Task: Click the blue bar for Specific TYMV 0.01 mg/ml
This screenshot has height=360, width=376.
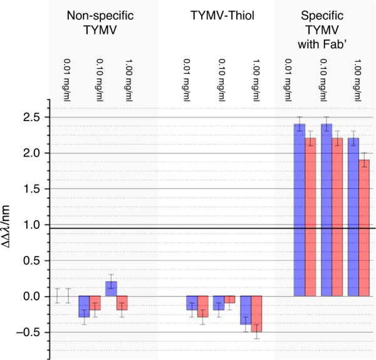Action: tap(300, 210)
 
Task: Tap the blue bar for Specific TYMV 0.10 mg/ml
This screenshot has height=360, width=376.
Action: tap(326, 210)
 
